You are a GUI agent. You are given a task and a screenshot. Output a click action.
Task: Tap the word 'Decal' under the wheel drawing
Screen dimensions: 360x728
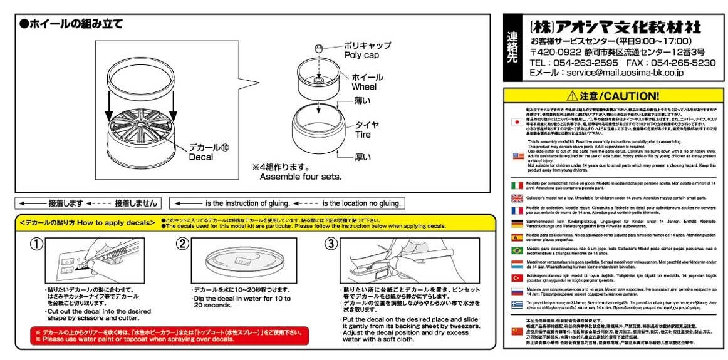pos(201,157)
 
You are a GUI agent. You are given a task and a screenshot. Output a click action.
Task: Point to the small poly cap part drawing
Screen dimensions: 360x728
pos(319,49)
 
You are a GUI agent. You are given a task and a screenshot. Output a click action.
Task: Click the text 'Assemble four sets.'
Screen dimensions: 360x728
pos(301,177)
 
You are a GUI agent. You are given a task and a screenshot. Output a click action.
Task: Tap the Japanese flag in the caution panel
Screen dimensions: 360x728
pos(517,121)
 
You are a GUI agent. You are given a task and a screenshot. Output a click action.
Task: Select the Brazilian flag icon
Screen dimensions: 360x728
pos(517,250)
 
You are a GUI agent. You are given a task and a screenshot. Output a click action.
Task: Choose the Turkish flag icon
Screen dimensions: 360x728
pos(517,277)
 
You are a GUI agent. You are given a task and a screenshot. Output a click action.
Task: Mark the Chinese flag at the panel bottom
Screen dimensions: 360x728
pos(517,331)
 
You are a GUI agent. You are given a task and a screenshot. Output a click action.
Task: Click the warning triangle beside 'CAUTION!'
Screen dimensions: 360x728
pos(571,96)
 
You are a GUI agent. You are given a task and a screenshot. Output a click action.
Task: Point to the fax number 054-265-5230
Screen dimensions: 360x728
pos(682,63)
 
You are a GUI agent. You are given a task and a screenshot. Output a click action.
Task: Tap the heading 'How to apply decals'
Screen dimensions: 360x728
pos(118,222)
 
